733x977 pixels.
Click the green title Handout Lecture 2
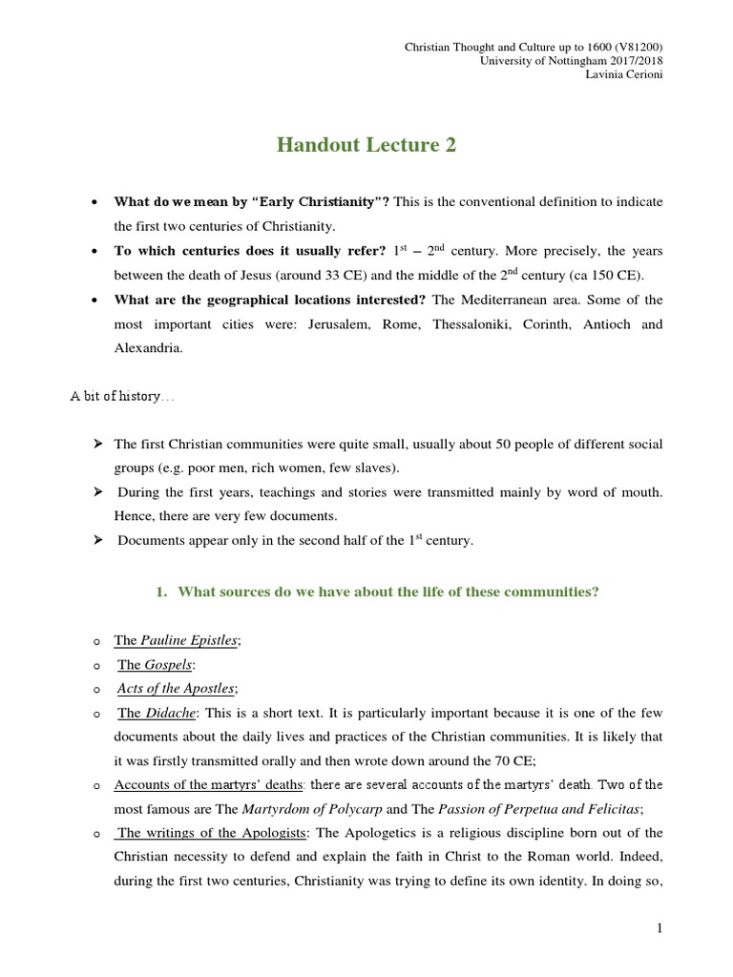pyautogui.click(x=366, y=145)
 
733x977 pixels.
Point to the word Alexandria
pyautogui.click(x=149, y=348)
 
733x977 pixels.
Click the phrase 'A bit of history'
pyautogui.click(x=115, y=396)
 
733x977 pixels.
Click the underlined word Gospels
pyautogui.click(x=167, y=664)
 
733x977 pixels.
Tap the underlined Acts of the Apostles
pyautogui.click(x=176, y=688)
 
